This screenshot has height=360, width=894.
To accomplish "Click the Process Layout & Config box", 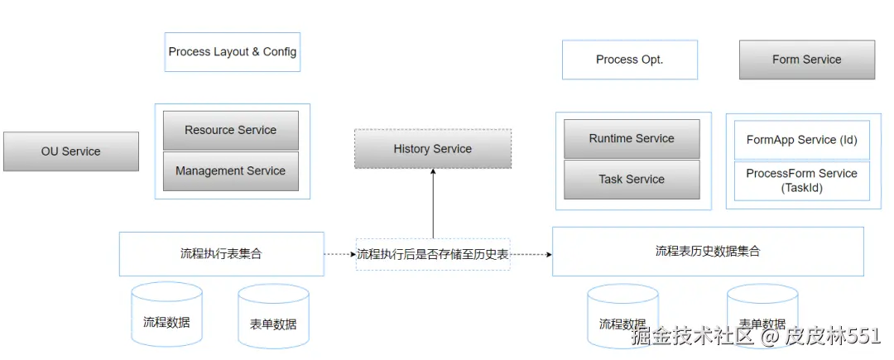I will tap(232, 52).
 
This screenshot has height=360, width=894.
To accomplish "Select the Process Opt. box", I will tap(629, 60).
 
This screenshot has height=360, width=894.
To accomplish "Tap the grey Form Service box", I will tap(806, 60).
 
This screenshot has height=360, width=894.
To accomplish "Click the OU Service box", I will tap(70, 151).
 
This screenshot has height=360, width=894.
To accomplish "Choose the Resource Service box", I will tap(230, 130).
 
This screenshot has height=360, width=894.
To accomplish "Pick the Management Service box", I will tap(230, 171).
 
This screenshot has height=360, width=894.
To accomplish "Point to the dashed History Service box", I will tap(432, 149).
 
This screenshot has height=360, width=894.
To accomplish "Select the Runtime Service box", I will tap(632, 139).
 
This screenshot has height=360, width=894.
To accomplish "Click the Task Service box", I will tap(632, 180).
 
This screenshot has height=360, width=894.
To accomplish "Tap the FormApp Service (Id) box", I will tap(801, 141).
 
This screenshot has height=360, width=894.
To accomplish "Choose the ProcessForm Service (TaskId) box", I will tap(801, 180).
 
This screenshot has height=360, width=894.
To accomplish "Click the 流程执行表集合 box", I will tap(221, 254).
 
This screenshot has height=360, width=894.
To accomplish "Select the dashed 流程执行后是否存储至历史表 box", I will tap(432, 254).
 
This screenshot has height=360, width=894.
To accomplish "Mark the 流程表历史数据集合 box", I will tap(707, 252).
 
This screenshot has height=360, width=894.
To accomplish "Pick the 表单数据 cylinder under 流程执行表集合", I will tap(273, 318).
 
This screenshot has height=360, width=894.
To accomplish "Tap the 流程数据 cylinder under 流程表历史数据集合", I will tap(622, 318).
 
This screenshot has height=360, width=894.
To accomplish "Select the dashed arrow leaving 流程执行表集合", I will tap(339, 254).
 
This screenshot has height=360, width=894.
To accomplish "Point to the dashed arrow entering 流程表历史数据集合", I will tap(531, 254).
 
